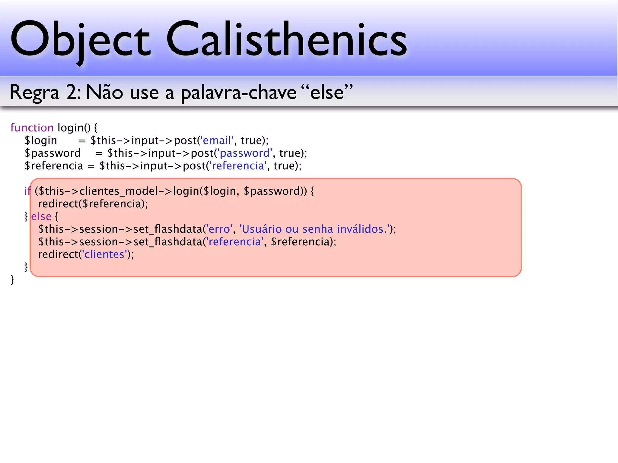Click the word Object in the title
[x=80, y=39]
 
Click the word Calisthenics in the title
[x=286, y=39]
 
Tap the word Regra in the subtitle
[x=34, y=93]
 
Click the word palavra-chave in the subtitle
[x=238, y=93]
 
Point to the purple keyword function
[x=32, y=128]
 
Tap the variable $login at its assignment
[x=41, y=141]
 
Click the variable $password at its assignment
[x=53, y=153]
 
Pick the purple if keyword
[x=27, y=191]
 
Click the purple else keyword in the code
[x=41, y=216]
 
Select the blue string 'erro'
[x=219, y=229]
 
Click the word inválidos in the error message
[x=362, y=229]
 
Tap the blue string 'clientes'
[x=104, y=254]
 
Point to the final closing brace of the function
[x=12, y=280]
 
